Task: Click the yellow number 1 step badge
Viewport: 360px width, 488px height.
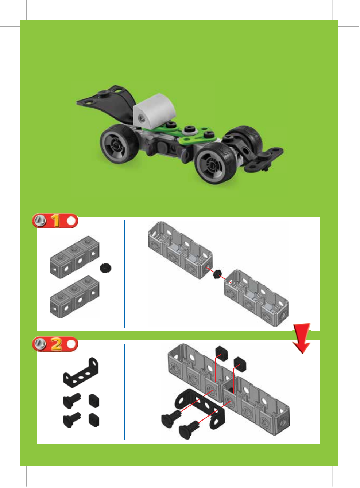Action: (56, 220)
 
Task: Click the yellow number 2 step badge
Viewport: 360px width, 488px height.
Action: (56, 344)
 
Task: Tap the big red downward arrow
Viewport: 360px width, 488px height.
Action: (302, 338)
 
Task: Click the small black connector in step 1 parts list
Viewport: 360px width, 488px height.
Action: (105, 268)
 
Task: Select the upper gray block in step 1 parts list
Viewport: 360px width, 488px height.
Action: (74, 257)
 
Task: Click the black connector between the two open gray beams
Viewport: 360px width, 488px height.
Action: (217, 274)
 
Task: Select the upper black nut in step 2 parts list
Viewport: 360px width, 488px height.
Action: (94, 401)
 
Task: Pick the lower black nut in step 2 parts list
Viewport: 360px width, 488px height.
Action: (94, 419)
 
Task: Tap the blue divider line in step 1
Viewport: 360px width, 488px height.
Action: (124, 273)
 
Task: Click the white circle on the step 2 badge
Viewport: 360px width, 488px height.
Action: (71, 344)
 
